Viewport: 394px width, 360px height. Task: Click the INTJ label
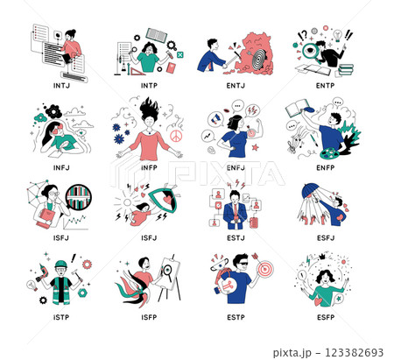61,86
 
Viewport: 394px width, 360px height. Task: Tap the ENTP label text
325,86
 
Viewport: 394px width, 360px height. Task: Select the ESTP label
236,317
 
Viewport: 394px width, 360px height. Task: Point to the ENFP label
326,167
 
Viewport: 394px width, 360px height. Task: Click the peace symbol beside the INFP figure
176,136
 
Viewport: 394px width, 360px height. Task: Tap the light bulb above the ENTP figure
337,35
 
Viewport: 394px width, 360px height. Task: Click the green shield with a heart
164,199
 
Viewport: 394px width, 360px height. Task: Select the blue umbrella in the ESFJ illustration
311,190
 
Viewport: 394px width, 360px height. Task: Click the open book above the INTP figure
157,35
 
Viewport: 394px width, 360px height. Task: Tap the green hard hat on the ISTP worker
61,265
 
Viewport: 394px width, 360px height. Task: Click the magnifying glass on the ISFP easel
167,271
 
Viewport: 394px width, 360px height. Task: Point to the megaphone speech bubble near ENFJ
215,119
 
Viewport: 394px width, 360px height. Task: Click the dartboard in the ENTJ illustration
259,60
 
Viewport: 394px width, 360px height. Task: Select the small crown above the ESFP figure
322,257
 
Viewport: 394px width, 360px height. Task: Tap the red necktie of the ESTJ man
236,212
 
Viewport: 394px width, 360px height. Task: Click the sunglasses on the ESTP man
243,265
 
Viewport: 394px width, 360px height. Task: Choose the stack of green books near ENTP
346,70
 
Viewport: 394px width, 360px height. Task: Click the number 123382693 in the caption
355,352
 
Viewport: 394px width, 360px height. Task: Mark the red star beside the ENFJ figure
256,147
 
